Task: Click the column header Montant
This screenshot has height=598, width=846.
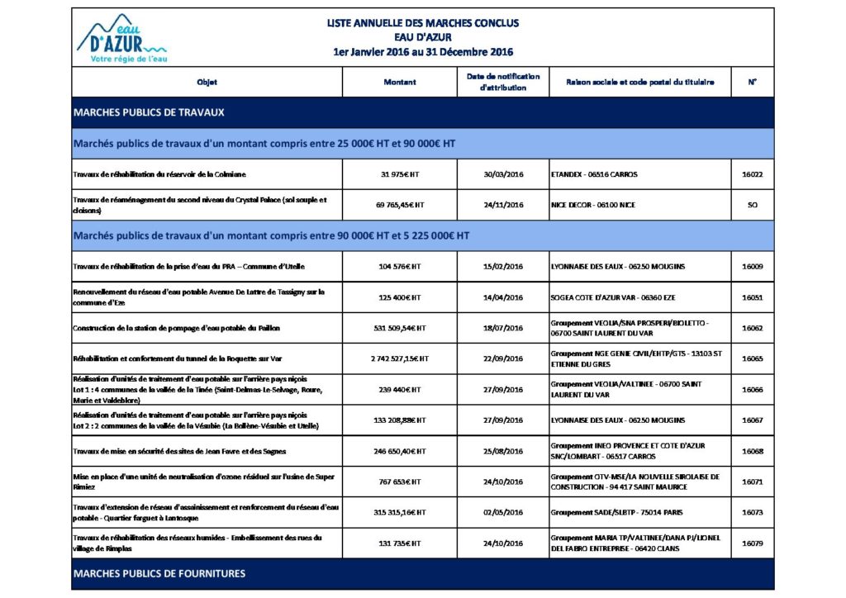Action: [x=400, y=82]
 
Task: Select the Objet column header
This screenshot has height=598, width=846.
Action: [x=207, y=82]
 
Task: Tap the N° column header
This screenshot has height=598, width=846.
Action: [x=752, y=82]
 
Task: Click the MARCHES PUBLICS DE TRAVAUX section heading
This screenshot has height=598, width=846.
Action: [x=150, y=112]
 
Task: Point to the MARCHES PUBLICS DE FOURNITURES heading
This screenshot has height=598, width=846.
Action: [x=159, y=573]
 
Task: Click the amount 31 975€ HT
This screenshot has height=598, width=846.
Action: [x=400, y=174]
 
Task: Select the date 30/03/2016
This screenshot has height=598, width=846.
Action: [x=503, y=174]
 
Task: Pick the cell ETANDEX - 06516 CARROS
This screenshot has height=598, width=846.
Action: [x=594, y=174]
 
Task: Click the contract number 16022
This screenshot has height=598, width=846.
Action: [x=752, y=174]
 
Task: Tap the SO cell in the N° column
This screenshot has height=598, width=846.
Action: [x=752, y=205]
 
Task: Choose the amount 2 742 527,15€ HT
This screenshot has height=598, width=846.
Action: [x=400, y=358]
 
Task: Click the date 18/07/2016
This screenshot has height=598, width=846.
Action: [x=503, y=328]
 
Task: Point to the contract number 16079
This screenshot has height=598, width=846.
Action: [x=752, y=543]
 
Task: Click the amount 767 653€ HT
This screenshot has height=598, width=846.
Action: [x=400, y=482]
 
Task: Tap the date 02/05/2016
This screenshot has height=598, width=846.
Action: [x=503, y=512]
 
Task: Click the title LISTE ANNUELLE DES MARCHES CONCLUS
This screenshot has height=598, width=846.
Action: [x=423, y=23]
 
